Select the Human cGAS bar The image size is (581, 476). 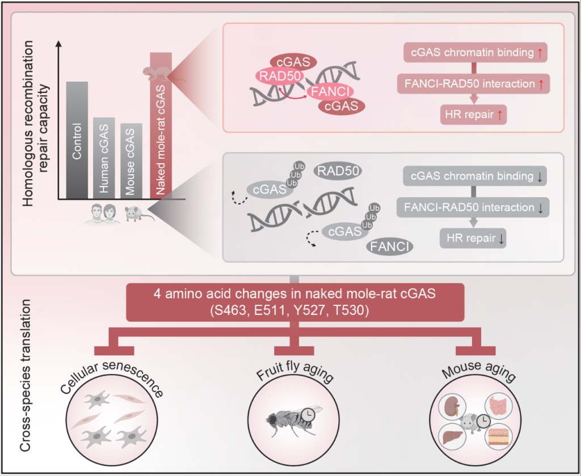tap(104, 158)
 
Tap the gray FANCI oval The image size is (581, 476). tap(390, 246)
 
